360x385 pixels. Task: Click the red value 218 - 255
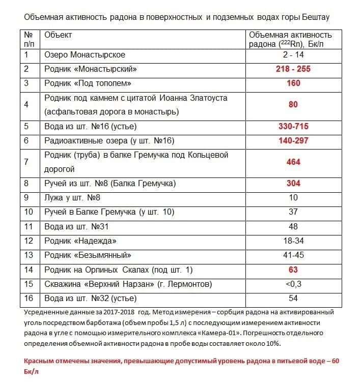point(293,69)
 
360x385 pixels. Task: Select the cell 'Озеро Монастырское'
point(85,54)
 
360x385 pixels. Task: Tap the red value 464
point(293,162)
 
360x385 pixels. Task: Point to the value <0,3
point(293,284)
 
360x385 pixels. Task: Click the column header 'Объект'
point(58,35)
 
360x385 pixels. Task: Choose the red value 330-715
point(293,126)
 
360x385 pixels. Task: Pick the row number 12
point(29,241)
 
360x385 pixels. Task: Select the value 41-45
point(293,255)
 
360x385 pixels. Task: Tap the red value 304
point(293,183)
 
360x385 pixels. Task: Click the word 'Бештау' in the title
point(315,17)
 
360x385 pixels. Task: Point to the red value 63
point(293,270)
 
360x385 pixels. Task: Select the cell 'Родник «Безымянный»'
point(88,255)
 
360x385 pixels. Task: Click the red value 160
point(293,83)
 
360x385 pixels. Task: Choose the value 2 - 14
point(293,54)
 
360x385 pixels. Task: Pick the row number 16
point(29,299)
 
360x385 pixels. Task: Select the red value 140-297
point(293,140)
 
